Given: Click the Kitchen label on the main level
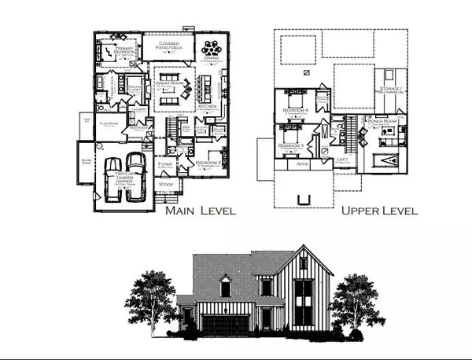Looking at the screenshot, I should click(x=207, y=105).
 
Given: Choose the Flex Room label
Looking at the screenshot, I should click(x=108, y=123).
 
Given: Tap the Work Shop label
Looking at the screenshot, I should click(x=86, y=162).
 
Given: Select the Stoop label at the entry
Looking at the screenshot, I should click(x=166, y=185).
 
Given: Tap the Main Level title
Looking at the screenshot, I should click(x=199, y=211).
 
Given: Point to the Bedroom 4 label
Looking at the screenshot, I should click(x=297, y=111).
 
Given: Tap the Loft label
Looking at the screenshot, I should click(x=342, y=160).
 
